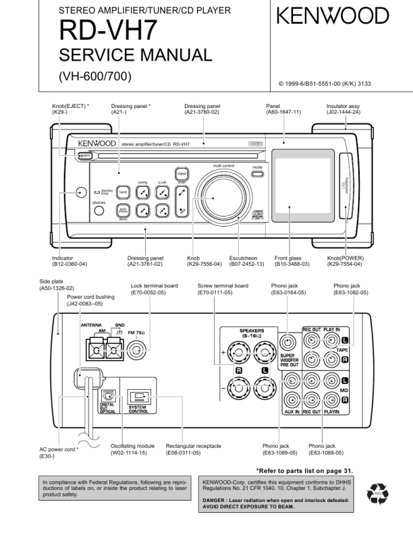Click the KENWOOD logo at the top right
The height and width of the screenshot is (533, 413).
(x=332, y=16)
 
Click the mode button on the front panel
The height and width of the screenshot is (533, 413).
(x=257, y=174)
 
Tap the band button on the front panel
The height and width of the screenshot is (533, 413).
(x=123, y=192)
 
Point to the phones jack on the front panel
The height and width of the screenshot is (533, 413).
(x=99, y=210)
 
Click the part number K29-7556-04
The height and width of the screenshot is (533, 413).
(x=203, y=264)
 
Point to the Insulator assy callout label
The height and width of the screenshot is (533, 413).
(x=343, y=107)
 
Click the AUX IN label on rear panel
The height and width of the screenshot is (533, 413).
(x=292, y=412)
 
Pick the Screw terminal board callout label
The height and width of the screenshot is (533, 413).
(x=223, y=285)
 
